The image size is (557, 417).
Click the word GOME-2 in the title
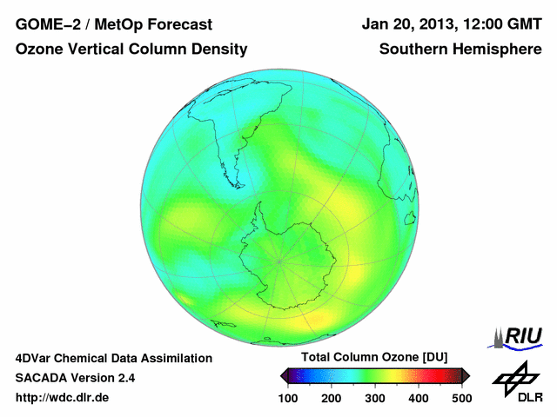point(44,24)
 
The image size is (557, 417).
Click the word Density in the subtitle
point(221,50)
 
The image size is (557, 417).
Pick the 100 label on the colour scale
point(288,398)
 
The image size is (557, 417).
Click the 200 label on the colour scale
point(332,398)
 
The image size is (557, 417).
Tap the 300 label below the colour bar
point(375,398)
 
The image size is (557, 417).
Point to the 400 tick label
point(419,398)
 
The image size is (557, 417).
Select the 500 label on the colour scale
point(461,398)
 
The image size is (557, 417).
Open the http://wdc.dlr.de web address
point(63,399)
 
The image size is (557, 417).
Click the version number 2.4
point(124,378)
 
